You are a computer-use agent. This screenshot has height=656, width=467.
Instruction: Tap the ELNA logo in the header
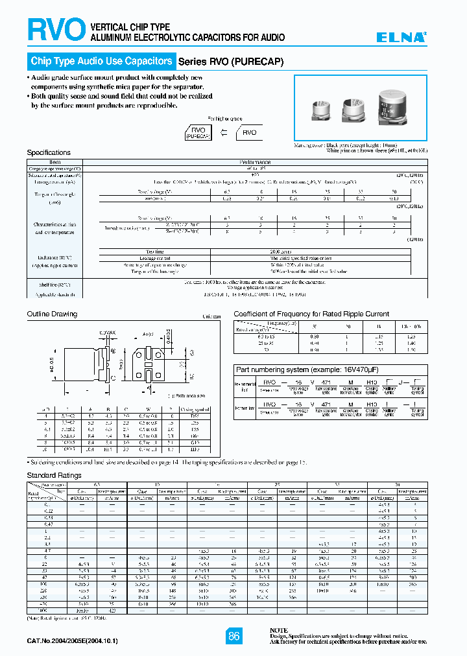pyautogui.click(x=402, y=38)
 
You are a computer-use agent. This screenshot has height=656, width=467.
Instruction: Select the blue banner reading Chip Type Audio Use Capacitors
pyautogui.click(x=101, y=62)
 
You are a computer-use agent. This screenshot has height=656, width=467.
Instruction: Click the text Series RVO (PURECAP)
pyautogui.click(x=230, y=62)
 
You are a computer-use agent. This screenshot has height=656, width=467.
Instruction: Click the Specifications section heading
pyautogui.click(x=49, y=152)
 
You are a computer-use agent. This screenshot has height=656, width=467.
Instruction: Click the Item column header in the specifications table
pyautogui.click(x=55, y=162)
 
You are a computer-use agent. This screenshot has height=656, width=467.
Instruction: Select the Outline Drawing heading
pyautogui.click(x=52, y=314)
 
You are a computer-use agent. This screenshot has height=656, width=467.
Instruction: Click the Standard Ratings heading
pyautogui.click(x=54, y=475)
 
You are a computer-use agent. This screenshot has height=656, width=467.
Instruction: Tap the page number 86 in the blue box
pyautogui.click(x=234, y=636)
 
